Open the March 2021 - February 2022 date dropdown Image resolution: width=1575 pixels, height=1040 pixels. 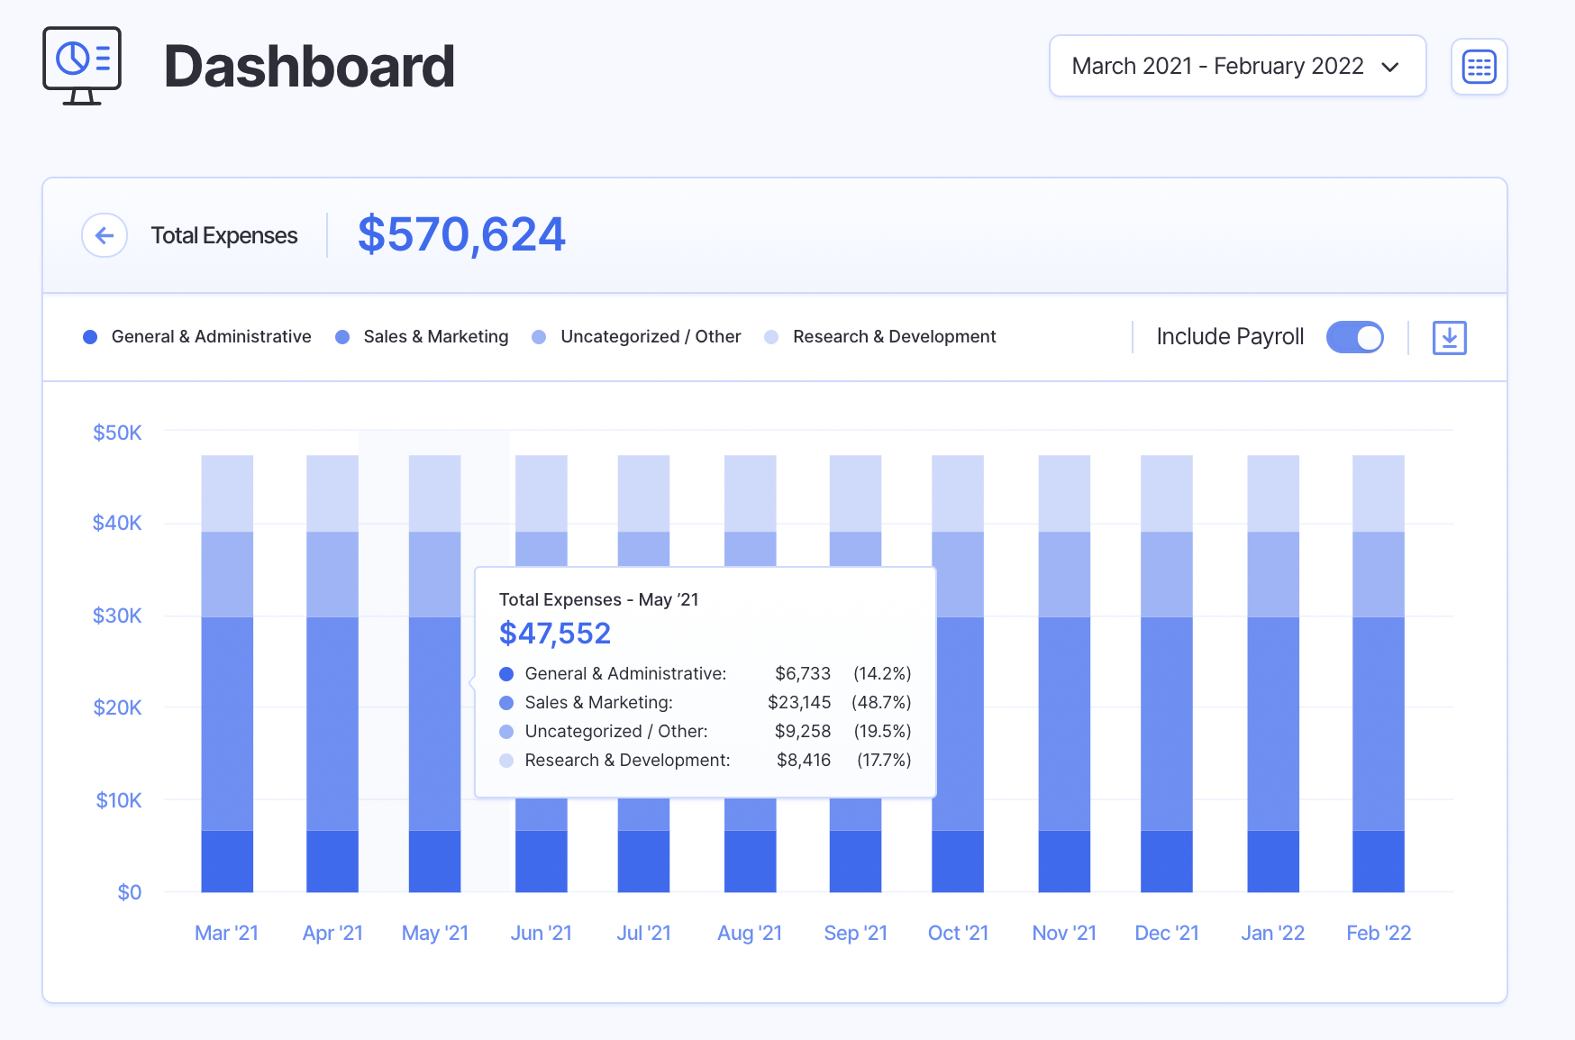click(x=1236, y=66)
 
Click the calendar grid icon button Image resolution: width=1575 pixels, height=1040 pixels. click(x=1479, y=67)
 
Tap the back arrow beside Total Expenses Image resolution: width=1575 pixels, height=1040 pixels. click(x=105, y=235)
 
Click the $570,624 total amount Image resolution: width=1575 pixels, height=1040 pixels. click(x=460, y=234)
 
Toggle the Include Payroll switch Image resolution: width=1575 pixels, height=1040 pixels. click(x=1354, y=337)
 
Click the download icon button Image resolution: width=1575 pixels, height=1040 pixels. click(x=1449, y=337)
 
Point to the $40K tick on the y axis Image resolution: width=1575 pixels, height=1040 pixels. click(x=117, y=523)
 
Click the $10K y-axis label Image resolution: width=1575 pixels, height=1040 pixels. click(x=118, y=800)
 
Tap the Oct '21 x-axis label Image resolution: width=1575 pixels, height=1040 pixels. click(x=958, y=933)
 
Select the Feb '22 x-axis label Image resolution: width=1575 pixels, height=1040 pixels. click(x=1378, y=933)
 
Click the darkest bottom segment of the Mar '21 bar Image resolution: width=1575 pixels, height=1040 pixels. click(x=227, y=861)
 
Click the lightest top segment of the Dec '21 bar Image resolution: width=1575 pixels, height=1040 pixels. click(x=1166, y=493)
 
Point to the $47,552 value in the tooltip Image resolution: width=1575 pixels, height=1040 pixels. click(x=555, y=634)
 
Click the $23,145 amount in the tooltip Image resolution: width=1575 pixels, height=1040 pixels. click(x=798, y=702)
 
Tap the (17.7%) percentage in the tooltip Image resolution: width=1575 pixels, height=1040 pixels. click(x=883, y=760)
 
